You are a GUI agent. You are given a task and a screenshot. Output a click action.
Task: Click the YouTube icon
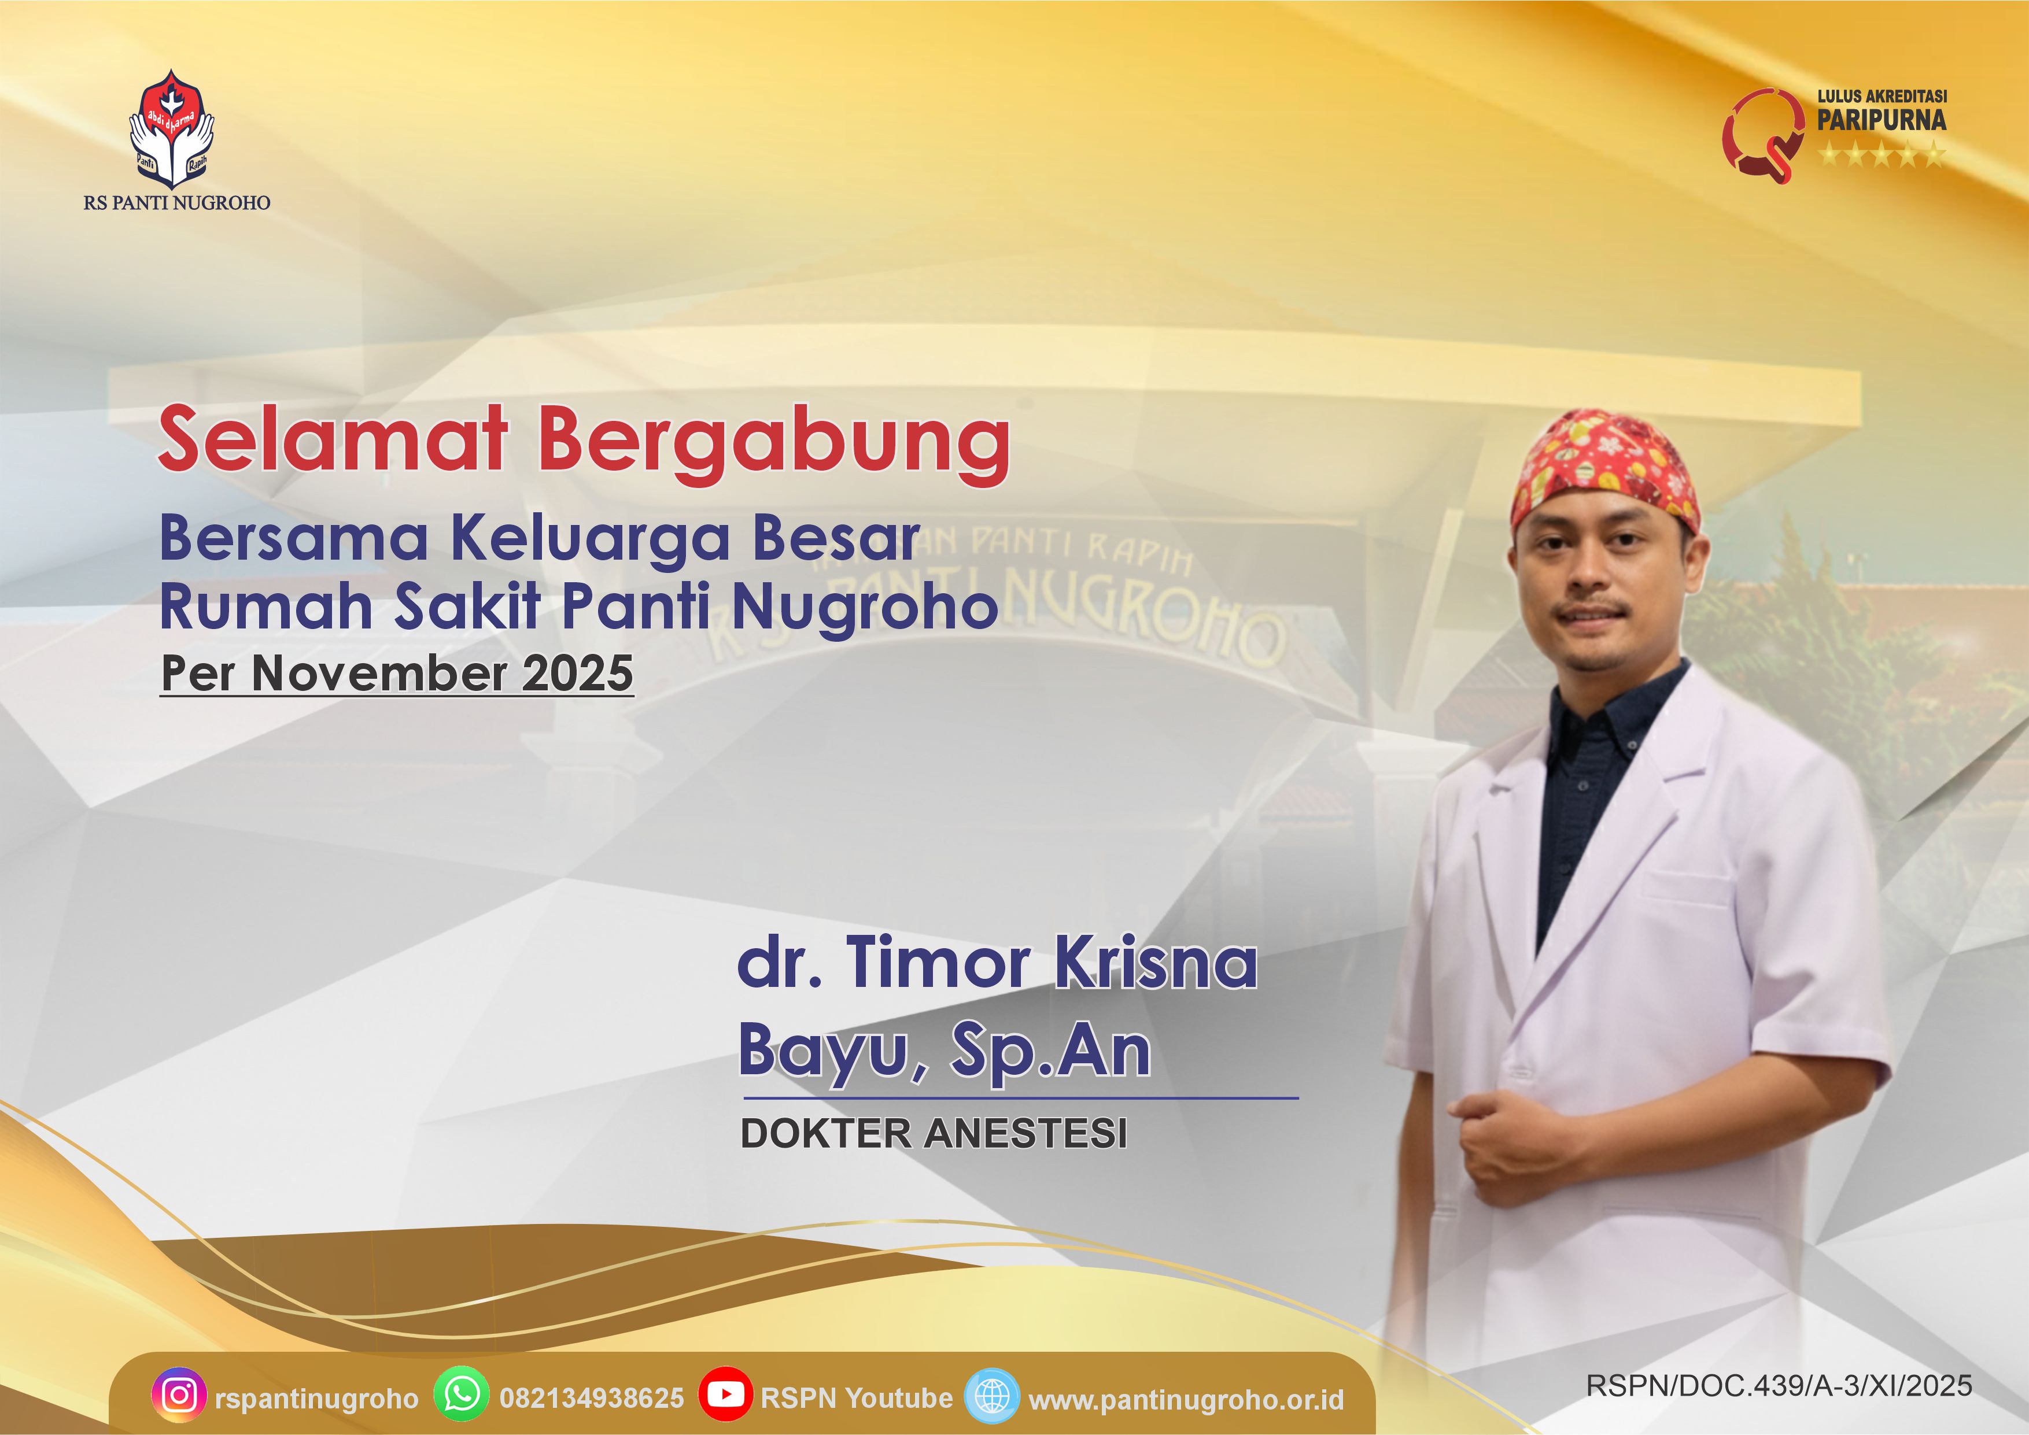725,1395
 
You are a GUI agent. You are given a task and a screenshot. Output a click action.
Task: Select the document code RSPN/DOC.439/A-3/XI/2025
1779,1385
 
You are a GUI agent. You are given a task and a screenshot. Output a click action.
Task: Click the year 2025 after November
578,674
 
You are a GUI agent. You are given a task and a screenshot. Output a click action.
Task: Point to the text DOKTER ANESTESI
934,1134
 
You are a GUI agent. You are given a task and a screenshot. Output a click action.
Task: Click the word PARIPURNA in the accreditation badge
1882,120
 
